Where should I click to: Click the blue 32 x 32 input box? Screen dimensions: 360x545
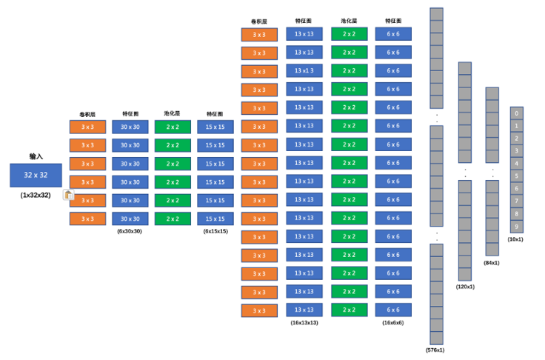point(36,176)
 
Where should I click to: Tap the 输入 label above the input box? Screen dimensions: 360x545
point(36,156)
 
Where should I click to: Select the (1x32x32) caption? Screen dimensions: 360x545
point(36,195)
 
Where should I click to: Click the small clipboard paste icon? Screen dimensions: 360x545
point(68,196)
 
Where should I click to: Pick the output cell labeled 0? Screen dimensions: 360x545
point(516,113)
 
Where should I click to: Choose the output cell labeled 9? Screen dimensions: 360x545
point(516,226)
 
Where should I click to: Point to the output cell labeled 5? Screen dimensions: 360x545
point(516,176)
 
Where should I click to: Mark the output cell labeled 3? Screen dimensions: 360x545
point(516,151)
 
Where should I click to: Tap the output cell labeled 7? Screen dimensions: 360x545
point(516,201)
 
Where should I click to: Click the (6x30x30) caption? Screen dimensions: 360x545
point(130,231)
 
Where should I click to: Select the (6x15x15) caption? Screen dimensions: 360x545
point(215,231)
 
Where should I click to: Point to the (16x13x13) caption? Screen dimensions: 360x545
point(304,323)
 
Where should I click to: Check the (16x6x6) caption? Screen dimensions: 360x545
point(392,323)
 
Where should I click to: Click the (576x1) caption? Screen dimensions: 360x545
point(436,350)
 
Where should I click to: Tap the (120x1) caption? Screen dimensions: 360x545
point(465,286)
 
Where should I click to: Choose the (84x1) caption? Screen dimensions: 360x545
point(492,262)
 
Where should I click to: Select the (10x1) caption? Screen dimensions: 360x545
point(516,239)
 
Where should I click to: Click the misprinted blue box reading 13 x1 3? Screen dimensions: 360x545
point(304,71)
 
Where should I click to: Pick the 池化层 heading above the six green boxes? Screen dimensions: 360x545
point(173,113)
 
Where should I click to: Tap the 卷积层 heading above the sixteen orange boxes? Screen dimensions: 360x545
point(259,21)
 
